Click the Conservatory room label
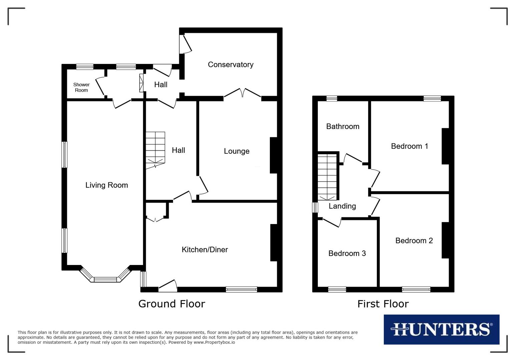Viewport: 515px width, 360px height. [230, 65]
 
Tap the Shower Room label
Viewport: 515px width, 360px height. [81, 87]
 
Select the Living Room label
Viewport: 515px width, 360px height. [106, 185]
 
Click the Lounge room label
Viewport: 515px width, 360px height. [236, 151]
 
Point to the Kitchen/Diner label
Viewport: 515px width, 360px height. [204, 250]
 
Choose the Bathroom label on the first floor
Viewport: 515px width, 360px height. [343, 126]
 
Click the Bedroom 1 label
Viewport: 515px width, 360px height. [409, 146]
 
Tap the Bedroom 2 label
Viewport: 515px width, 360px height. [414, 241]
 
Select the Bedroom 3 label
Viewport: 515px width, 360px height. [347, 253]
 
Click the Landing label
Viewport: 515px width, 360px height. [342, 206]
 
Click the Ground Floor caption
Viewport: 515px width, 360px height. [171, 304]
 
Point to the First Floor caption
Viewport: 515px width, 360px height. [383, 304]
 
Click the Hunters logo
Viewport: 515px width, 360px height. [441, 329]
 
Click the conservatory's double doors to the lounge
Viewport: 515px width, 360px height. [242, 93]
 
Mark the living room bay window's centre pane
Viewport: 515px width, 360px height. [105, 279]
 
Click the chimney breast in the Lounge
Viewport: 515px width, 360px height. [273, 155]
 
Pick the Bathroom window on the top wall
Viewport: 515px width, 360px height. [332, 98]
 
